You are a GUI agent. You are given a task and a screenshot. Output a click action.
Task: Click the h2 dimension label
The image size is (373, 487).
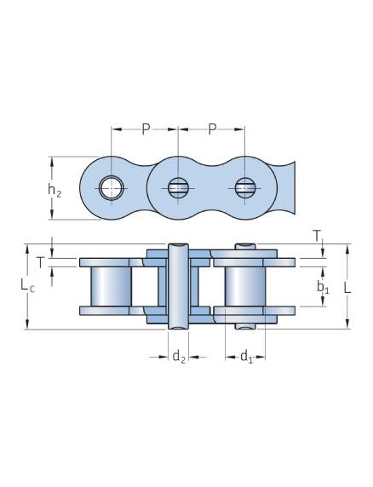tap(55, 190)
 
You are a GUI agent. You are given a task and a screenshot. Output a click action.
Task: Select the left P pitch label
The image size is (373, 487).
tap(146, 129)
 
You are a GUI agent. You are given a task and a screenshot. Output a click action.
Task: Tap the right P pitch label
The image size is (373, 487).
tap(212, 129)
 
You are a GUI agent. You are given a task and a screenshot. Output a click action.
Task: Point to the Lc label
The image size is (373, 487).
tap(27, 285)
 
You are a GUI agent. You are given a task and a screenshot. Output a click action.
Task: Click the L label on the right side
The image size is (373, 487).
tap(347, 288)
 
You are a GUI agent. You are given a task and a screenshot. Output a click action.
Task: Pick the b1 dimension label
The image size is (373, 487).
tap(323, 287)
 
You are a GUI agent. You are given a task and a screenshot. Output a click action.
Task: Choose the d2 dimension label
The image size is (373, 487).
tap(179, 357)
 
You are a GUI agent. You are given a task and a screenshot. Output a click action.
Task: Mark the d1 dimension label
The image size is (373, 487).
tap(247, 357)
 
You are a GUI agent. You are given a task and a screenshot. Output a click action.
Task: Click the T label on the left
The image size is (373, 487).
tap(40, 263)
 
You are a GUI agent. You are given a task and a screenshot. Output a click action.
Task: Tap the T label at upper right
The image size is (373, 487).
tap(317, 237)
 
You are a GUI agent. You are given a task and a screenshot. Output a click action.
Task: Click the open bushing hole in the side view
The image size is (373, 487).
tap(112, 188)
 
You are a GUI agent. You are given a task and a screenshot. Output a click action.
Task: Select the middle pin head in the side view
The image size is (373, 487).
tap(178, 188)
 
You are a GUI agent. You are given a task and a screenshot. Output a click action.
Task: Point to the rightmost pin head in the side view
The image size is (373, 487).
tap(245, 188)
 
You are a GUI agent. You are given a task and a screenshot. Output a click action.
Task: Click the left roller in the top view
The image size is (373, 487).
tap(112, 286)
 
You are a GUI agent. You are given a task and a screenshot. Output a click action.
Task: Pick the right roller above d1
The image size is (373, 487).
tap(245, 286)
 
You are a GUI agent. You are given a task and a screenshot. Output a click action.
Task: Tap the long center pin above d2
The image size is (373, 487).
tap(178, 286)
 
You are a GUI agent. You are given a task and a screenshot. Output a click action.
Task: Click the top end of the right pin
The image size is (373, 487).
tap(245, 247)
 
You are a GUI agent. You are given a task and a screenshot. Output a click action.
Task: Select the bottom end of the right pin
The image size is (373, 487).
tap(245, 326)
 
